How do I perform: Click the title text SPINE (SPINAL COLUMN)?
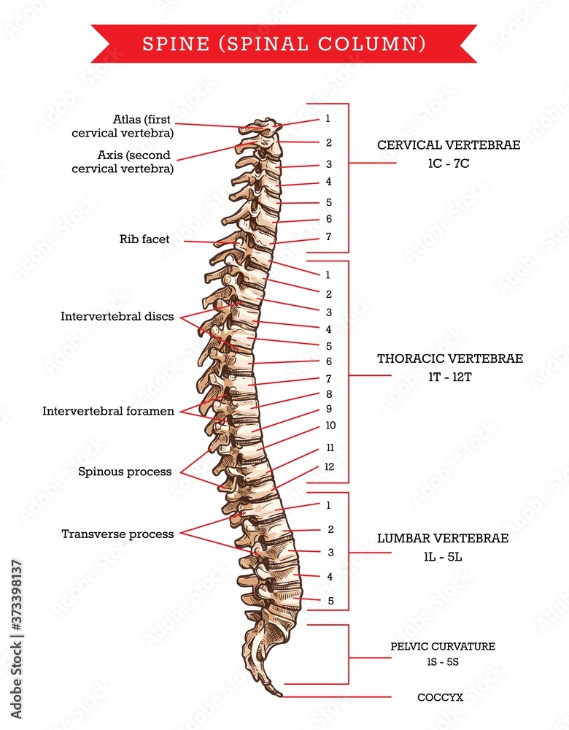click(284, 44)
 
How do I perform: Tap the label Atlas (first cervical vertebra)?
click(123, 126)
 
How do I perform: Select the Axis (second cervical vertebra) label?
click(123, 161)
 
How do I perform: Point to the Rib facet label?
click(144, 239)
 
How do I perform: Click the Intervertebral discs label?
click(117, 317)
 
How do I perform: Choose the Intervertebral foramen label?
click(109, 411)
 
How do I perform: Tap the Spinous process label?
click(125, 472)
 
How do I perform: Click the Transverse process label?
click(117, 534)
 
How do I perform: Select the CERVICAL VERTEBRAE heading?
click(449, 145)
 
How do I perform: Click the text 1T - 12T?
click(450, 377)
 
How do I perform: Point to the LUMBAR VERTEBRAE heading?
click(443, 538)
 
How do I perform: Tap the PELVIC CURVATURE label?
click(443, 646)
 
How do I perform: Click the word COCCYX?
click(440, 697)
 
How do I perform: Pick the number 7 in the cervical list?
click(328, 237)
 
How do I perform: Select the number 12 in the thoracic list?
click(330, 467)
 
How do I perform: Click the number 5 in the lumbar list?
click(330, 601)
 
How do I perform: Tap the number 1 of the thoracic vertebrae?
click(328, 275)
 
